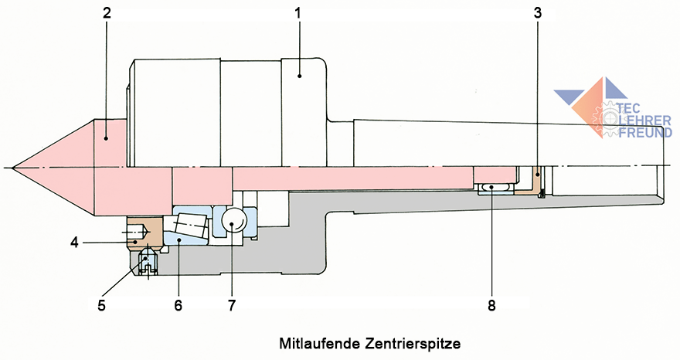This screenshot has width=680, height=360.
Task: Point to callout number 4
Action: [x=74, y=243]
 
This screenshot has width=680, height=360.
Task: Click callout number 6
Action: [x=178, y=305]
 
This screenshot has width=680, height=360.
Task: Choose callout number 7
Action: [x=230, y=305]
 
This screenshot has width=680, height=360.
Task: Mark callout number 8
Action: [x=492, y=305]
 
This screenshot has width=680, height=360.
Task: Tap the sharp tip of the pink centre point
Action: [x=14, y=167]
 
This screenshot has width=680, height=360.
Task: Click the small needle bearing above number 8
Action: [x=494, y=188]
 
